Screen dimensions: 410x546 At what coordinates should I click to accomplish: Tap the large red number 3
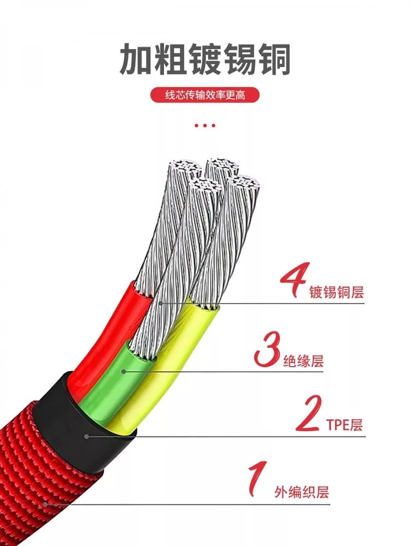pyautogui.click(x=268, y=349)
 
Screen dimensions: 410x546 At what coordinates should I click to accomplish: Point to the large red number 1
pyautogui.click(x=257, y=478)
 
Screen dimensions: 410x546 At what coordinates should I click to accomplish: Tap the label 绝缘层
pyautogui.click(x=303, y=361)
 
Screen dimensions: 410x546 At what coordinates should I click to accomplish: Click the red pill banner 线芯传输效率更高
pyautogui.click(x=205, y=94)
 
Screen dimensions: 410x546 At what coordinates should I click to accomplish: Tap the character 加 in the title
pyautogui.click(x=136, y=58)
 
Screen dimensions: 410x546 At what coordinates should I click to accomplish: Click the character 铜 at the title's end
pyautogui.click(x=274, y=58)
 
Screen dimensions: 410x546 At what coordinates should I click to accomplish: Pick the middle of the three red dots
pyautogui.click(x=204, y=126)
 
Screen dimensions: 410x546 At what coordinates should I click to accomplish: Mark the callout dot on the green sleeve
pyautogui.click(x=124, y=371)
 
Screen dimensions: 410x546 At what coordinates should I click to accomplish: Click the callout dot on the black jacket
pyautogui.click(x=87, y=436)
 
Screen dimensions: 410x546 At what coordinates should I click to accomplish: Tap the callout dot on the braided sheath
pyautogui.click(x=45, y=504)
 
